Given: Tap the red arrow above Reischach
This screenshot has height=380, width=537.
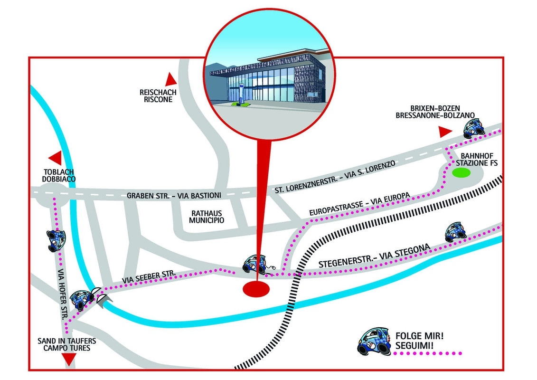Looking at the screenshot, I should point(170,79).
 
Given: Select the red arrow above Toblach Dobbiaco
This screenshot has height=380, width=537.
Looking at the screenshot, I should point(56,158).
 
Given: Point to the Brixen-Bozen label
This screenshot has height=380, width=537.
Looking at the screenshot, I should point(435,108).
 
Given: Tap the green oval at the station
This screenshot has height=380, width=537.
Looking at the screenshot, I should point(460,173).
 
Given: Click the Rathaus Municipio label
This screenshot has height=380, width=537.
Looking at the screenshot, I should point(207,217).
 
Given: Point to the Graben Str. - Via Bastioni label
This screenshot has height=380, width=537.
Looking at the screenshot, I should point(174,195).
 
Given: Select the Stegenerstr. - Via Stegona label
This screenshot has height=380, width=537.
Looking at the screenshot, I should point(374,256).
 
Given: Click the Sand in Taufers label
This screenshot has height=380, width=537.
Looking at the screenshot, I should point(66,341).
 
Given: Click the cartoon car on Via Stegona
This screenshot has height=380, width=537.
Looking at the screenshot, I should point(456,232).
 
